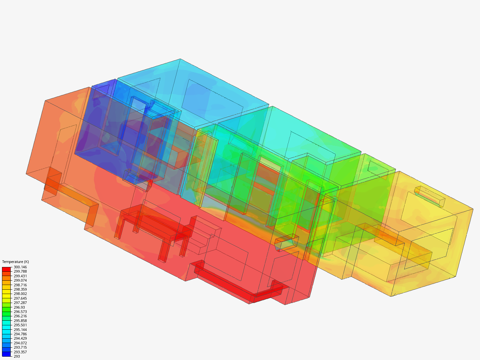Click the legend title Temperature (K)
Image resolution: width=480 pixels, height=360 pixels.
coord(15,262)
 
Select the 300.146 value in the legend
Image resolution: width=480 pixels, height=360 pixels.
coord(20,267)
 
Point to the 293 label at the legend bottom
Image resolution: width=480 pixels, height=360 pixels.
coord(17,356)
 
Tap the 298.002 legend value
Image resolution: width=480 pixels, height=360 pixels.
coord(20,294)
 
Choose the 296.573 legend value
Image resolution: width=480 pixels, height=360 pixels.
coord(20,312)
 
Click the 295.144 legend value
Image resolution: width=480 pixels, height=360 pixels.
coord(20,330)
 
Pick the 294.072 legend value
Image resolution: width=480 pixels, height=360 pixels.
coord(20,343)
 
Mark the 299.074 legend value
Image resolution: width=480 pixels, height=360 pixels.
coord(20,280)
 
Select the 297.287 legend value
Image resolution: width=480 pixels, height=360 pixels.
coord(20,303)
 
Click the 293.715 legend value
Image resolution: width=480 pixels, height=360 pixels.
coord(20,347)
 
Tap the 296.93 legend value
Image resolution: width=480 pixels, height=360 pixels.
coord(19,307)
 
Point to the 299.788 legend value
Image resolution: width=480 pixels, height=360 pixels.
coord(20,271)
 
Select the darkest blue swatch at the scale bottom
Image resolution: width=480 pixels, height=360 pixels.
coord(6,354)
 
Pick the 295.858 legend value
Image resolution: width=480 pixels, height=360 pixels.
coord(20,321)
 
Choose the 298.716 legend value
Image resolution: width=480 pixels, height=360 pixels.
coord(20,285)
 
